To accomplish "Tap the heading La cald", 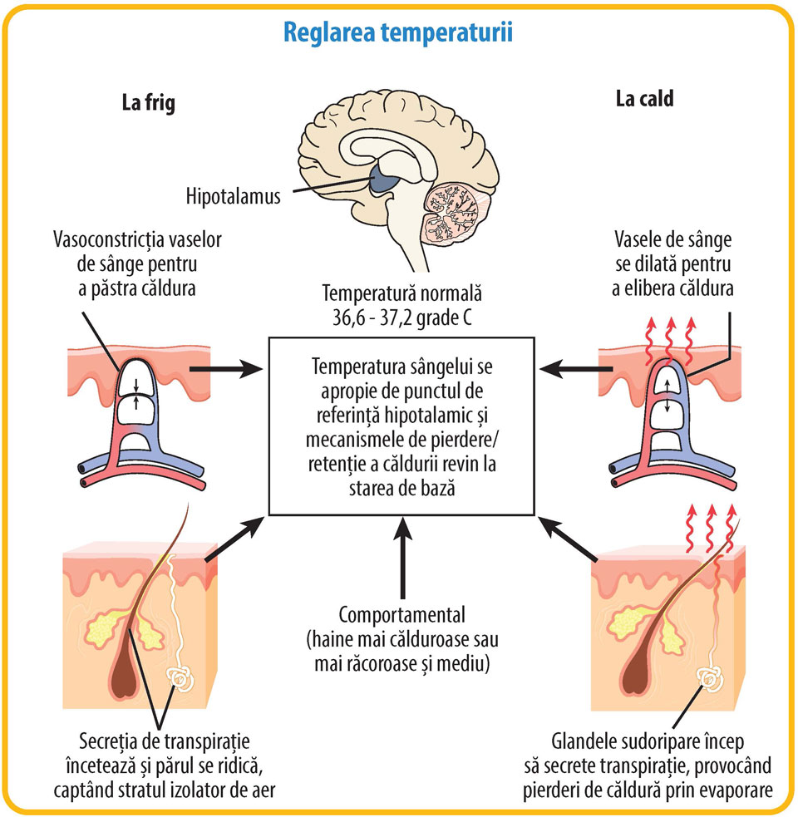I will click(644, 99).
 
